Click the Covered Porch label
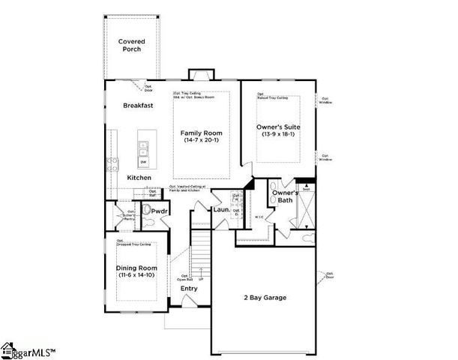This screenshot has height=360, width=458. pyautogui.click(x=131, y=46)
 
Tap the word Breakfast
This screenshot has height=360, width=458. pyautogui.click(x=138, y=106)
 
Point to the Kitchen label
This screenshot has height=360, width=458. pyautogui.click(x=139, y=178)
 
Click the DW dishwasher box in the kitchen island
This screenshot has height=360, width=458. pyautogui.click(x=143, y=163)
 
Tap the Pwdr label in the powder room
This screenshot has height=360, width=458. pyautogui.click(x=159, y=211)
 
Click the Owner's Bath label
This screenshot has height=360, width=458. pyautogui.click(x=286, y=196)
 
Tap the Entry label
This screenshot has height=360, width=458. pyautogui.click(x=189, y=288)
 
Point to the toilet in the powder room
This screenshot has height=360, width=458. pyautogui.click(x=147, y=211)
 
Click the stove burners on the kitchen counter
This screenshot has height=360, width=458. pyautogui.click(x=114, y=165)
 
